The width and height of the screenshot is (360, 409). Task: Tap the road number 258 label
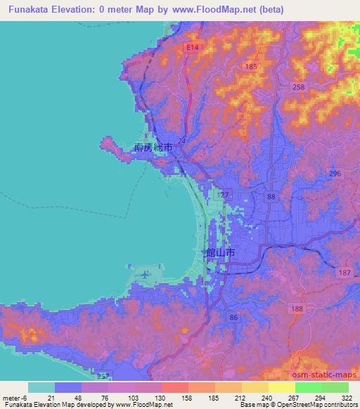(x=299, y=86)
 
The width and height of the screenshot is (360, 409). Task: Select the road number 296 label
(x=334, y=174)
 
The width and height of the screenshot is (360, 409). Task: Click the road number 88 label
(x=271, y=197)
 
